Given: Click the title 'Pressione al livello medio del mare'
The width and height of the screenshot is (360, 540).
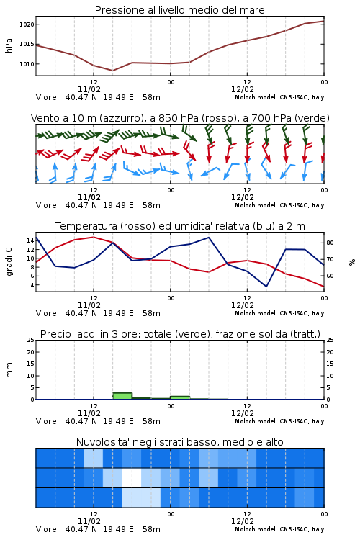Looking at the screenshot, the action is click(179, 10).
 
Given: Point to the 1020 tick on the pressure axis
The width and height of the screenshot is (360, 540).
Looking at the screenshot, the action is click(27, 24).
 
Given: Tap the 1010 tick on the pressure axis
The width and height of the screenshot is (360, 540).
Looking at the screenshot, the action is click(27, 64).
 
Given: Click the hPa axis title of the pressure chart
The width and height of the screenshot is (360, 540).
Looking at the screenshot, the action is click(9, 45).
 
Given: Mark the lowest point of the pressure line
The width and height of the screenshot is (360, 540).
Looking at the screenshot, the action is click(112, 71).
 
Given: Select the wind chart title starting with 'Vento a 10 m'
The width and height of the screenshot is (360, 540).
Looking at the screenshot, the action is click(180, 118).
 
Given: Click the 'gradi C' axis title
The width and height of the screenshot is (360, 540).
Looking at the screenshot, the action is click(9, 261).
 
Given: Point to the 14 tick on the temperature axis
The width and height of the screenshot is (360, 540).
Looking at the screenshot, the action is click(30, 240).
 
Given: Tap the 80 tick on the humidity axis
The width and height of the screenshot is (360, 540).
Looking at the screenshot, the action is click(330, 243).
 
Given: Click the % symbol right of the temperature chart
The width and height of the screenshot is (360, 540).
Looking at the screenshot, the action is click(352, 262).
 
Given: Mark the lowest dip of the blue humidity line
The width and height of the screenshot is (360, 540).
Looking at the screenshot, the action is click(266, 286).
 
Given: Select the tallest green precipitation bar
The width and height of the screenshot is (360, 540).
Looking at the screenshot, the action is click(122, 396).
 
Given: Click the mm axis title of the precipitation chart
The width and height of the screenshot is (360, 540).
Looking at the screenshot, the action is click(9, 370).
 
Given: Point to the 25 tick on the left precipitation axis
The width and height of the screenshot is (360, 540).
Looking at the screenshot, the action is click(30, 340).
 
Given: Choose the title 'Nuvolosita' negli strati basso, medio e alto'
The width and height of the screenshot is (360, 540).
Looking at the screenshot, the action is click(179, 442).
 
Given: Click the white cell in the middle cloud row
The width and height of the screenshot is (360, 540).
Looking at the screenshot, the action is click(132, 477).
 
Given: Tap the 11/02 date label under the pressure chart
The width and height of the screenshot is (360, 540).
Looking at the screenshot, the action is click(89, 89).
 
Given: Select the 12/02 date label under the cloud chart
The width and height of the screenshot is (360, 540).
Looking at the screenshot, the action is click(243, 521).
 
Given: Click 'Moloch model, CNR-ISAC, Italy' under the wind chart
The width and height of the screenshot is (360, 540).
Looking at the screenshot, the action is click(279, 205).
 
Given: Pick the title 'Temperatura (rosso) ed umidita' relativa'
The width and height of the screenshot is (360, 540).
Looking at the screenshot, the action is click(180, 226).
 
